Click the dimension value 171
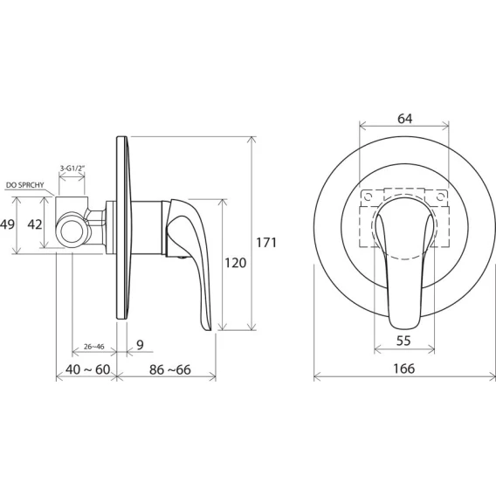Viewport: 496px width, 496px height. click(x=266, y=243)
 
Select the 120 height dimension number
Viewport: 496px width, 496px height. click(x=236, y=263)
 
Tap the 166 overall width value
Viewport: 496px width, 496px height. click(x=404, y=369)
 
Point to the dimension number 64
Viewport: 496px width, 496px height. click(x=405, y=119)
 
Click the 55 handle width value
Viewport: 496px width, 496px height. click(x=403, y=341)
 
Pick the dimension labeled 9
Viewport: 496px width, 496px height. click(x=140, y=344)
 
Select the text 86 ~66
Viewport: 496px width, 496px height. click(x=170, y=369)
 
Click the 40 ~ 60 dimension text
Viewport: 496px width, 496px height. click(x=88, y=369)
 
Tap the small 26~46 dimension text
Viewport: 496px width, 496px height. click(x=94, y=347)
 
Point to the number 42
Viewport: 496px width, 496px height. click(x=34, y=224)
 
